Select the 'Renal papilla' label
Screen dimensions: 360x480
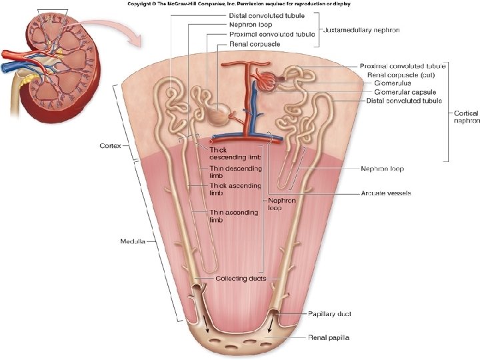(x=328, y=338)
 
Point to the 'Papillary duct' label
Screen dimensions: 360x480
(x=329, y=313)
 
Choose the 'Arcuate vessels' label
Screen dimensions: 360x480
(x=385, y=193)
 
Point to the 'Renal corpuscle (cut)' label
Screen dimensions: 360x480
(x=398, y=75)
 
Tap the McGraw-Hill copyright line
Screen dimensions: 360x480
(x=239, y=4)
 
